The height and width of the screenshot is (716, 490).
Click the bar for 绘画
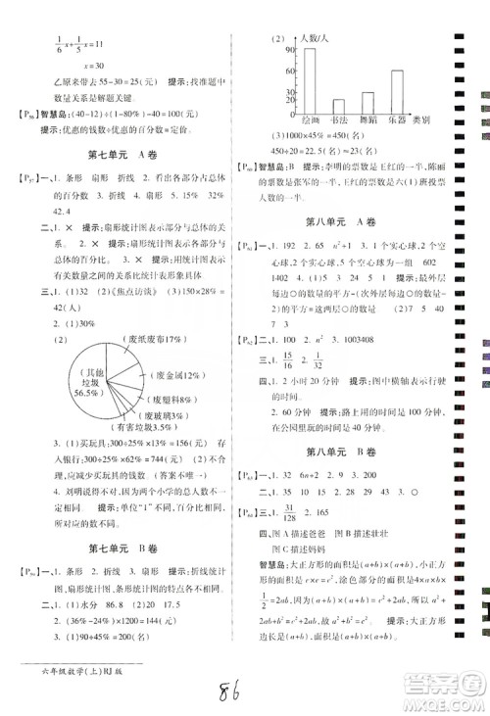click(x=311, y=83)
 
